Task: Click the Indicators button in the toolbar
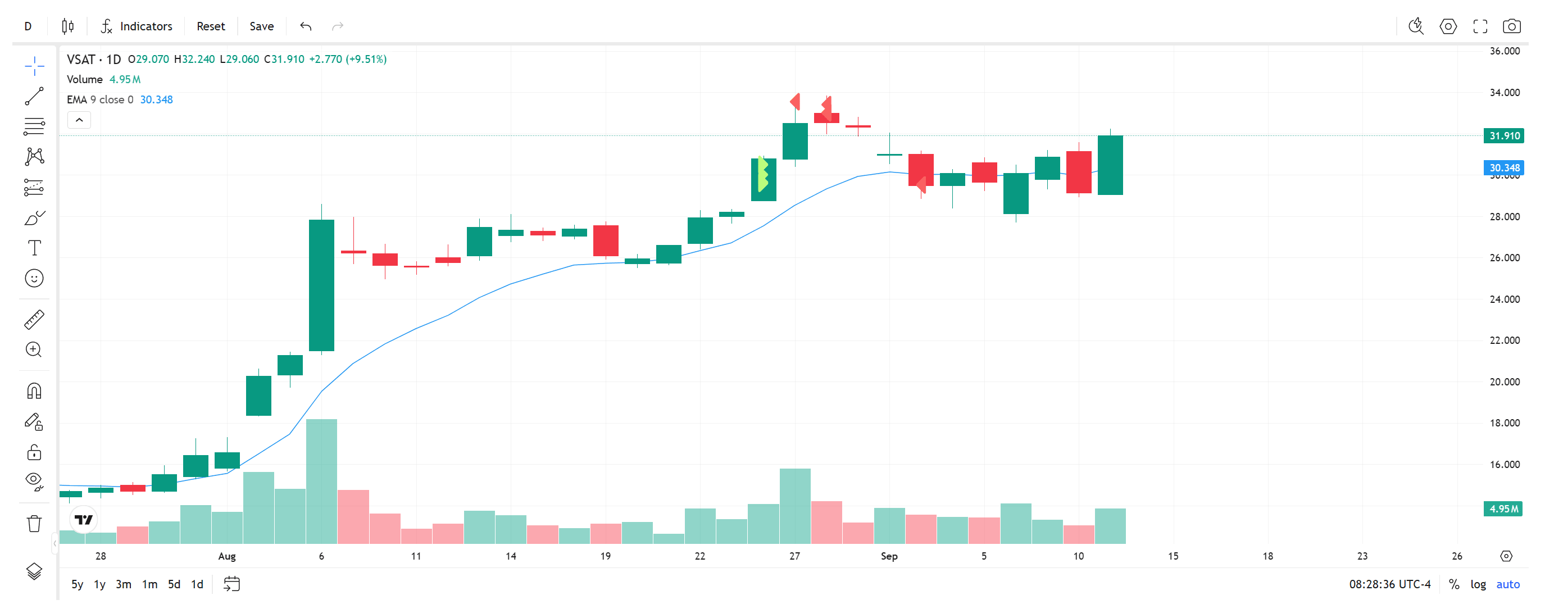[x=137, y=26]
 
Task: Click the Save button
[x=261, y=26]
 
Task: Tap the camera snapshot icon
[x=1511, y=26]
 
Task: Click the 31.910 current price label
[x=1503, y=136]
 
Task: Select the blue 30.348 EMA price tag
[x=1503, y=168]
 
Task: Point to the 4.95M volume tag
[x=1503, y=508]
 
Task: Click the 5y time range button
[x=77, y=584]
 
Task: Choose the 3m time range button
[x=123, y=584]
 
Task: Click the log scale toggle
[x=1478, y=584]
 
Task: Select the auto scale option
[x=1507, y=584]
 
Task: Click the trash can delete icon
[x=34, y=523]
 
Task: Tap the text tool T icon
[x=34, y=248]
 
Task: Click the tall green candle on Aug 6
[x=321, y=285]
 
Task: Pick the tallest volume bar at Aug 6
[x=321, y=482]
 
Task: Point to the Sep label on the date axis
[x=889, y=556]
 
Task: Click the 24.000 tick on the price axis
[x=1504, y=299]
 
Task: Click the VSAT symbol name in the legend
[x=81, y=59]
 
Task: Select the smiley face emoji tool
[x=34, y=278]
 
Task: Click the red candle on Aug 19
[x=606, y=240]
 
